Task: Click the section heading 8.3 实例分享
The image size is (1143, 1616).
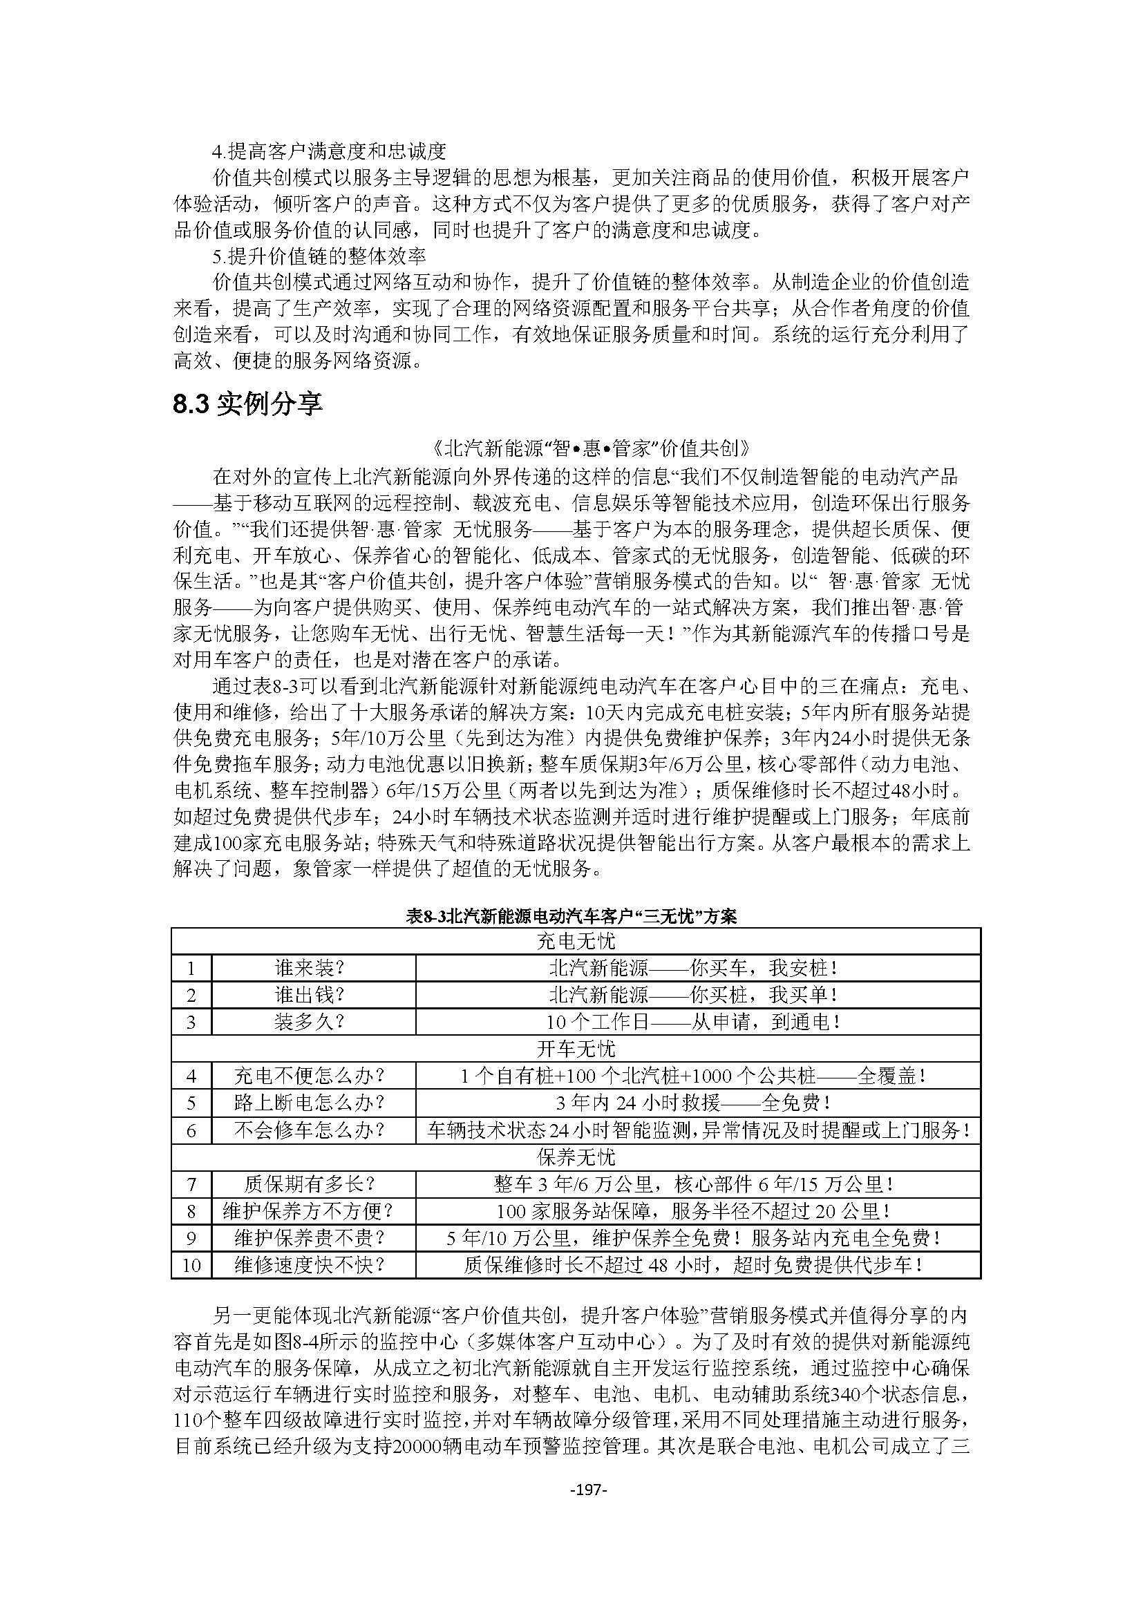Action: tap(248, 406)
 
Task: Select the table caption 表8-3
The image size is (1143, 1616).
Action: tap(571, 916)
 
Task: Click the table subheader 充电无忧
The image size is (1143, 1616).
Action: tap(576, 941)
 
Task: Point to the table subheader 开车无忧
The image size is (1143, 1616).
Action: tap(576, 1049)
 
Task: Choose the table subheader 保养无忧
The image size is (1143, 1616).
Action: tap(576, 1157)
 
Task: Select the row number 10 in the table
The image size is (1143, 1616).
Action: tap(191, 1266)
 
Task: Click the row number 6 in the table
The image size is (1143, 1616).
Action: tap(191, 1130)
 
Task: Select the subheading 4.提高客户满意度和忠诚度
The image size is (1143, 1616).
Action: tap(330, 151)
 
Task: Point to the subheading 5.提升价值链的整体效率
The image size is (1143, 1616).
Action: tap(319, 256)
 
